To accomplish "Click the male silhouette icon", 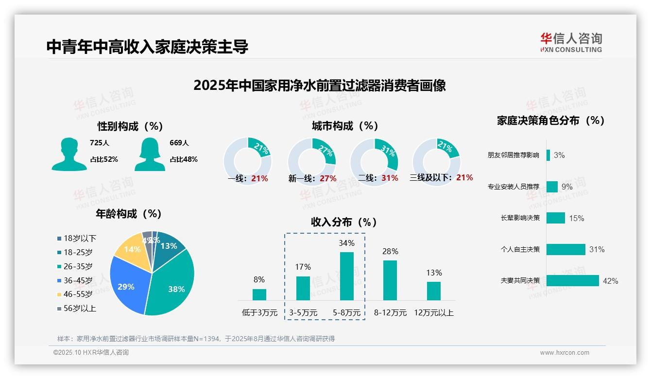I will (69, 154).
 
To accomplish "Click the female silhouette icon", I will (150, 154).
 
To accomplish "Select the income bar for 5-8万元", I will (346, 276).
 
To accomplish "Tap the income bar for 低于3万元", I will (259, 294).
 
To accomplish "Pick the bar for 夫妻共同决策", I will (572, 280).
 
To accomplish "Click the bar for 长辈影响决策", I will (555, 218).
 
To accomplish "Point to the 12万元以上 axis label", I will (433, 312).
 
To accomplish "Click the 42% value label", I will (610, 281).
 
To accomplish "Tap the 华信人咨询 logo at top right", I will (571, 42).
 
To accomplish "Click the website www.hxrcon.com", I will (564, 353).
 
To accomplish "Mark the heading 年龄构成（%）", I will (129, 214).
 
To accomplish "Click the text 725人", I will (99, 143).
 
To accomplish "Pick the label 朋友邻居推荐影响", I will (513, 155).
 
